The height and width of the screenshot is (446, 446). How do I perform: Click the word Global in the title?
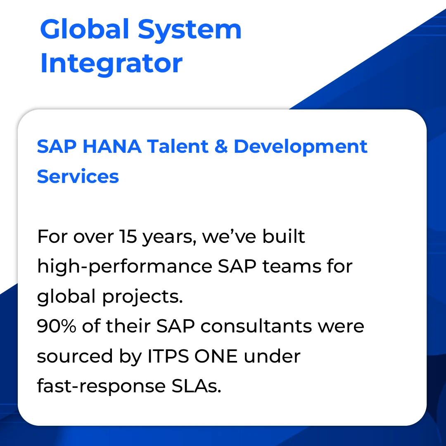[85, 29]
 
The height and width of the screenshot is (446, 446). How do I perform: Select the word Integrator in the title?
[111, 63]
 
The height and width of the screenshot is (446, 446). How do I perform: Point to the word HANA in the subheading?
[112, 147]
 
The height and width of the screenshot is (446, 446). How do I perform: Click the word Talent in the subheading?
[178, 147]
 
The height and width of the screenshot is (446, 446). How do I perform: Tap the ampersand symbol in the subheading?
[221, 147]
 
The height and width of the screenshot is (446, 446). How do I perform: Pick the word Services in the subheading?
[78, 176]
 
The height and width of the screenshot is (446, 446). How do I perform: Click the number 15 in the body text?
[128, 236]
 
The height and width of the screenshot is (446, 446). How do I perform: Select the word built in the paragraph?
[284, 236]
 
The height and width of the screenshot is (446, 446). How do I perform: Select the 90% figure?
[57, 326]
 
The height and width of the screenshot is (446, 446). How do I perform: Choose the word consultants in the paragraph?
[256, 326]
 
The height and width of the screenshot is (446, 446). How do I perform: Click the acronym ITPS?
[168, 356]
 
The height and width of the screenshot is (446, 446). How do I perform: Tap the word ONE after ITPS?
[216, 356]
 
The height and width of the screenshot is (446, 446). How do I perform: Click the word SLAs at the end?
[196, 386]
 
